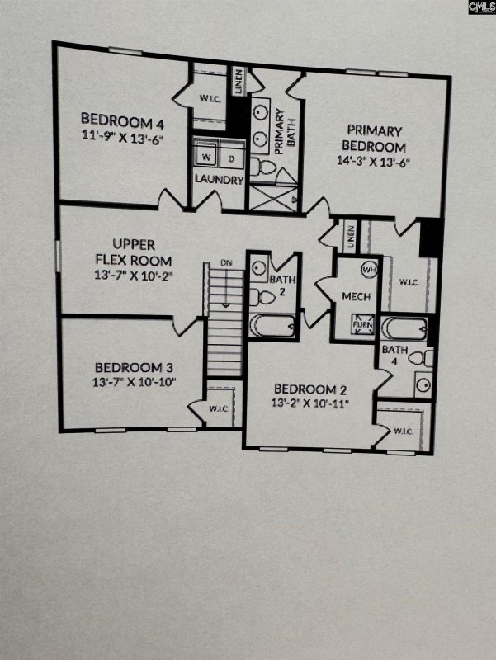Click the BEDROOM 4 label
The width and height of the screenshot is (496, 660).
coord(121,117)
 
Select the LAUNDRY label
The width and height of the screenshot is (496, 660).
coord(219,179)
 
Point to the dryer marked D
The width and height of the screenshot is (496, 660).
coord(231,157)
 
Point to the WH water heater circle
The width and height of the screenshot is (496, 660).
coord(369,269)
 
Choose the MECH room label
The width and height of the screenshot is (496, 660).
coord(357,297)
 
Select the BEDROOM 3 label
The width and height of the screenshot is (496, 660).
coord(134,367)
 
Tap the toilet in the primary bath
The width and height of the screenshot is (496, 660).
coord(263,167)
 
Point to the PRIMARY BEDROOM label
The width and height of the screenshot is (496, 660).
coord(374,138)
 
